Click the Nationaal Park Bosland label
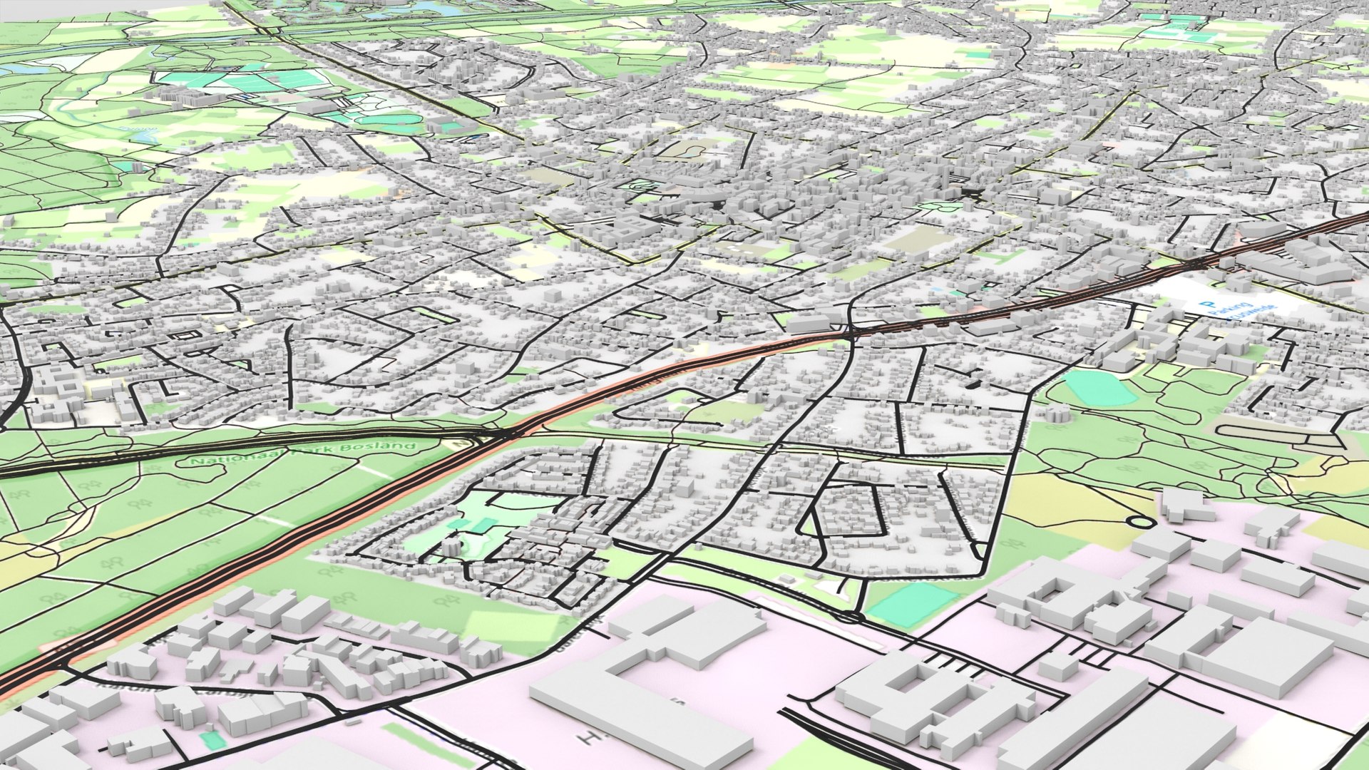[303, 453]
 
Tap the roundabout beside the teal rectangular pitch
[848, 616]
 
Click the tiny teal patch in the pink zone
[212, 740]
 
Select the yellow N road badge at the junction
[461, 443]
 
